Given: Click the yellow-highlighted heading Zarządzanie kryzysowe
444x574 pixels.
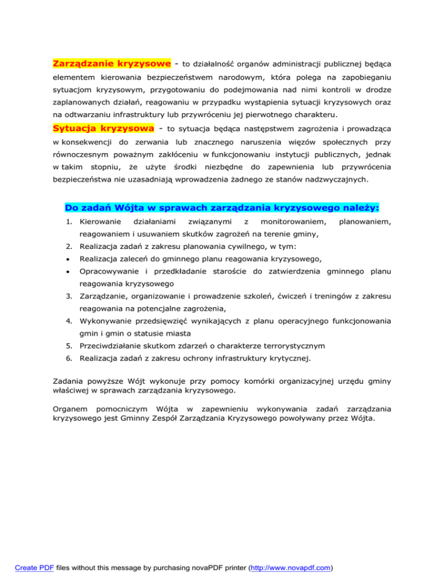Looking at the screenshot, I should pyautogui.click(x=112, y=62).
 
